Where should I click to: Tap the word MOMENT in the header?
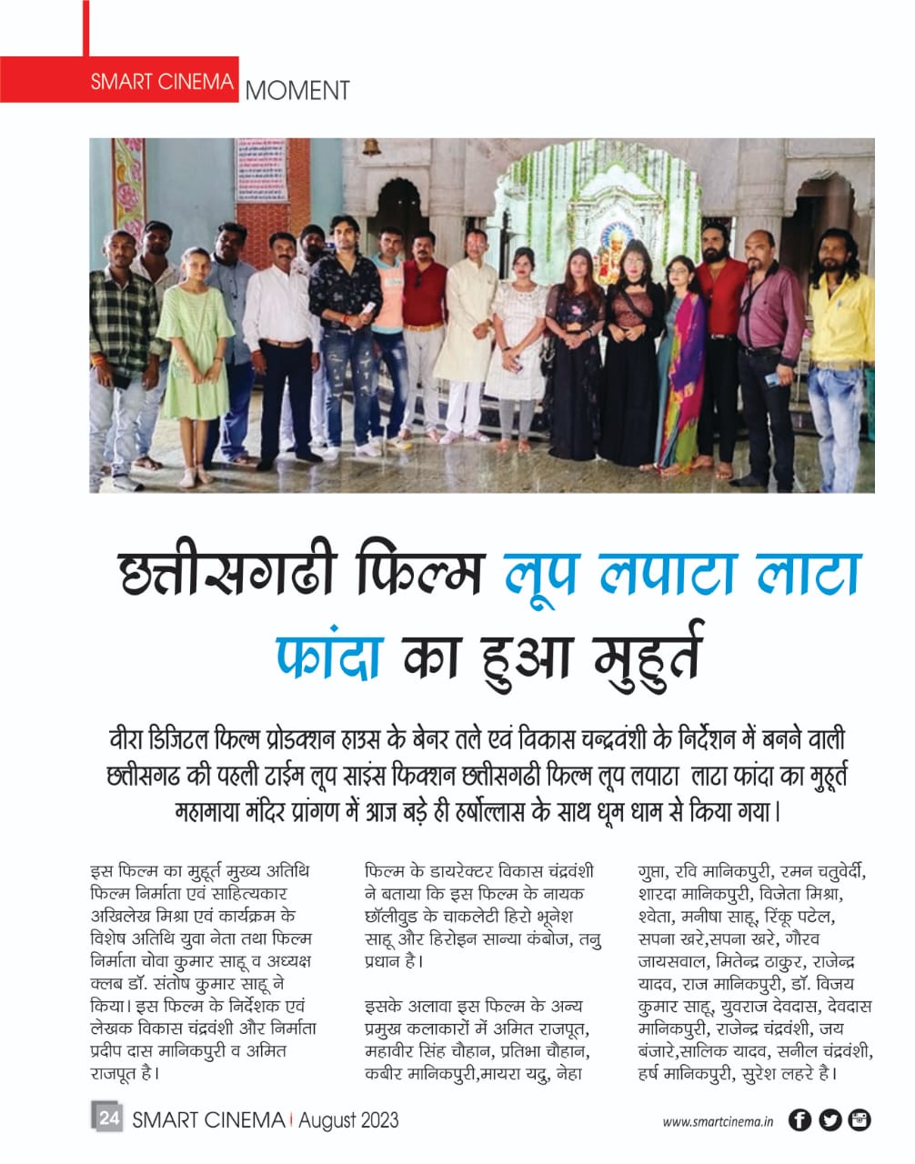(x=297, y=91)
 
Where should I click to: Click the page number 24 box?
(x=107, y=1119)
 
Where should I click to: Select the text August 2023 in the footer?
(x=348, y=1119)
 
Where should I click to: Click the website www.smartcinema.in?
(x=718, y=1122)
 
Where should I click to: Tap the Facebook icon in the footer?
(x=799, y=1120)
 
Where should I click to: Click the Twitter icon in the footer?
(x=830, y=1120)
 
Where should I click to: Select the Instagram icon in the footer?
(x=859, y=1120)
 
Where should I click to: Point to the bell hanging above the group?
(x=372, y=148)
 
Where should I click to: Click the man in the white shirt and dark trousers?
(x=282, y=346)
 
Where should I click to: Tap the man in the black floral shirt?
(x=343, y=327)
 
